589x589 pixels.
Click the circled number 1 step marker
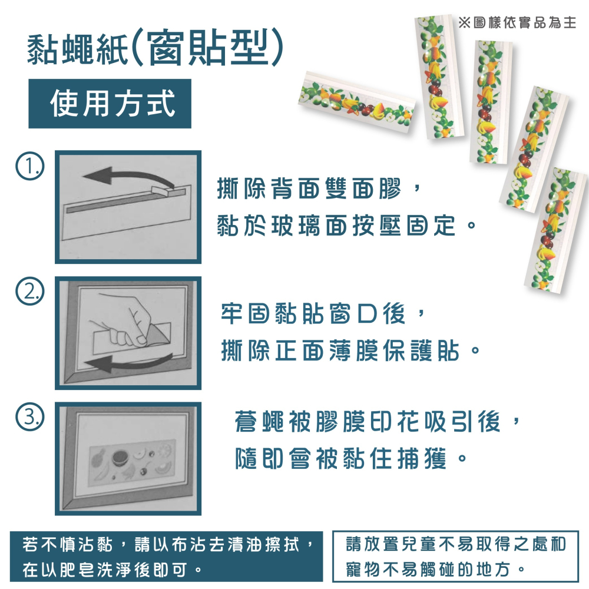(x=29, y=166)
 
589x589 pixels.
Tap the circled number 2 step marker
(x=29, y=292)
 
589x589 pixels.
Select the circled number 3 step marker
(x=29, y=416)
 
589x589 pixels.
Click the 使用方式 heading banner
(x=110, y=104)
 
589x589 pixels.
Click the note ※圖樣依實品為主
(x=517, y=22)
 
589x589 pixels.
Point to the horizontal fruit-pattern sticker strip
(x=357, y=102)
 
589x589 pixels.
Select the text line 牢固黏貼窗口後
(x=313, y=313)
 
